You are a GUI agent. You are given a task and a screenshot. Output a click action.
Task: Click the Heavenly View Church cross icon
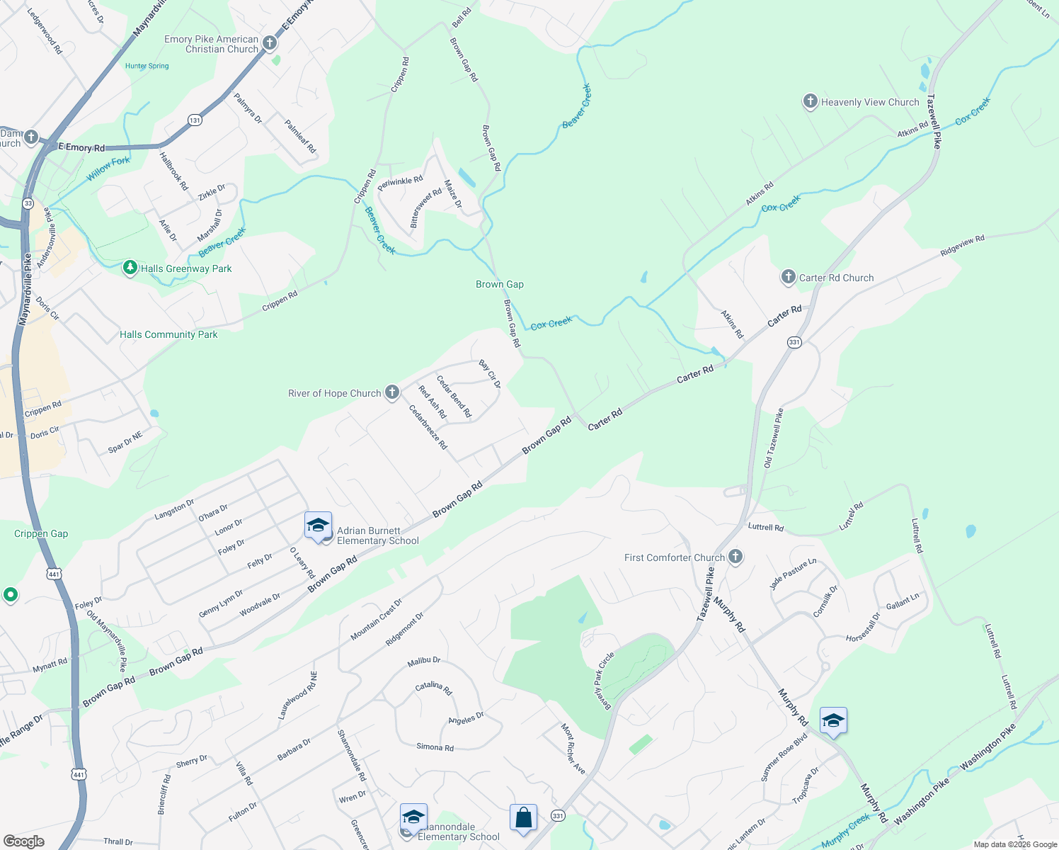point(811,101)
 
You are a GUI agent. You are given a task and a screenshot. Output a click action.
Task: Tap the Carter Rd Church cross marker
point(789,277)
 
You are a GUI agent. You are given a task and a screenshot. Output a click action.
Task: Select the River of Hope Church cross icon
point(392,392)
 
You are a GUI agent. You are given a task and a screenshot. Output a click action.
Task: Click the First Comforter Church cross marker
point(735,557)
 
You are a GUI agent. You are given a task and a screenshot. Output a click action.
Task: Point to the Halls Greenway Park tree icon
point(130,268)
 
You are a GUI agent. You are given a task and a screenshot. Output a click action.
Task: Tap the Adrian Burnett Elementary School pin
point(319,526)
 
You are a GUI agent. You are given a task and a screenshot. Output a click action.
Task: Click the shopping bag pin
point(523,818)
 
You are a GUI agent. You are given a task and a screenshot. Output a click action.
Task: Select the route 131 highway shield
point(195,120)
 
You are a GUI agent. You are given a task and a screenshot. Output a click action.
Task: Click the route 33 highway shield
point(28,203)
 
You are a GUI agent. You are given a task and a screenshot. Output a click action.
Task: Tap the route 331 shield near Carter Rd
point(794,342)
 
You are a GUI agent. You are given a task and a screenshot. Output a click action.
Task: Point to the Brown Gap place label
point(500,284)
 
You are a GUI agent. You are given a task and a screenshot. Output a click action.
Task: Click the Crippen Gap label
point(41,533)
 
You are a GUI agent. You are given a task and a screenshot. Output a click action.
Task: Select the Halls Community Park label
point(168,334)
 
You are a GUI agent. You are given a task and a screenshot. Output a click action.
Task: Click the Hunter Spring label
point(147,66)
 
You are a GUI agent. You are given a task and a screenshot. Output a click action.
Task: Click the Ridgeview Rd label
point(962,246)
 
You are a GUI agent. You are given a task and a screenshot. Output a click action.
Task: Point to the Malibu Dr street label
point(424,660)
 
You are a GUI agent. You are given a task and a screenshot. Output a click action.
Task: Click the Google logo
point(23,841)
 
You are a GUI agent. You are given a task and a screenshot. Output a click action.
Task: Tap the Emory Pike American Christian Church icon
point(269,43)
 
